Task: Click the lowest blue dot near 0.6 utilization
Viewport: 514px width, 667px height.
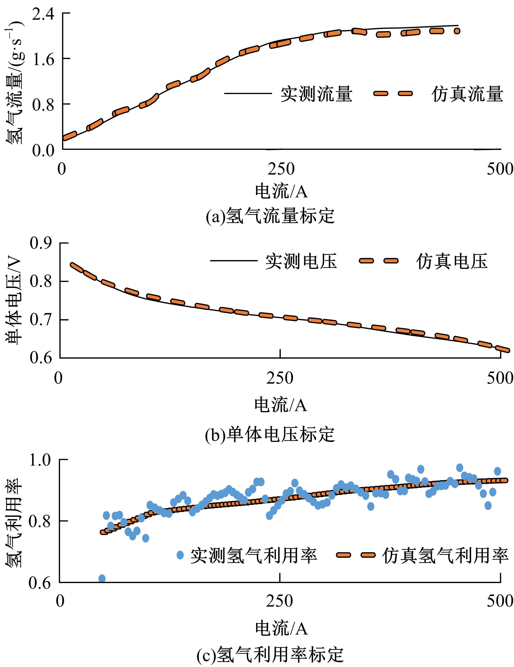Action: click(102, 578)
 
